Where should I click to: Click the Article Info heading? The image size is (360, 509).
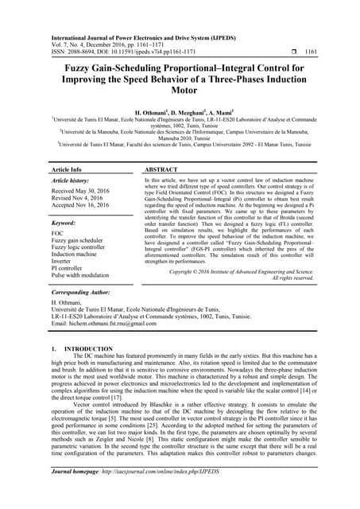[x=67, y=170]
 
